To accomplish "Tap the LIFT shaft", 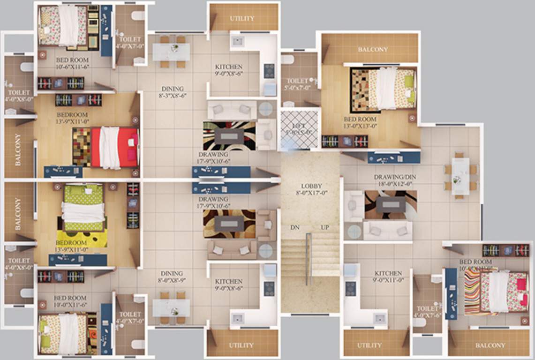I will pos(299,129).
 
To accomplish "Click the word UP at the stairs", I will pos(324,227).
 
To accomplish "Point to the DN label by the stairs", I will pos(294,227).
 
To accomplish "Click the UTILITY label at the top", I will pos(242,18).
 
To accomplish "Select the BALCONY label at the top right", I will pos(373,49).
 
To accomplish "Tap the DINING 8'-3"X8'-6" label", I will pos(173,92).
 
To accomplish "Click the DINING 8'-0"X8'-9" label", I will pos(172,277).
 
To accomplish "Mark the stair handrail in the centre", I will pos(308,258).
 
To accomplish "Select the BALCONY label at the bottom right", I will pos(490,345).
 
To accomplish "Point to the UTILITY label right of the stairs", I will pos(369,345).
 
